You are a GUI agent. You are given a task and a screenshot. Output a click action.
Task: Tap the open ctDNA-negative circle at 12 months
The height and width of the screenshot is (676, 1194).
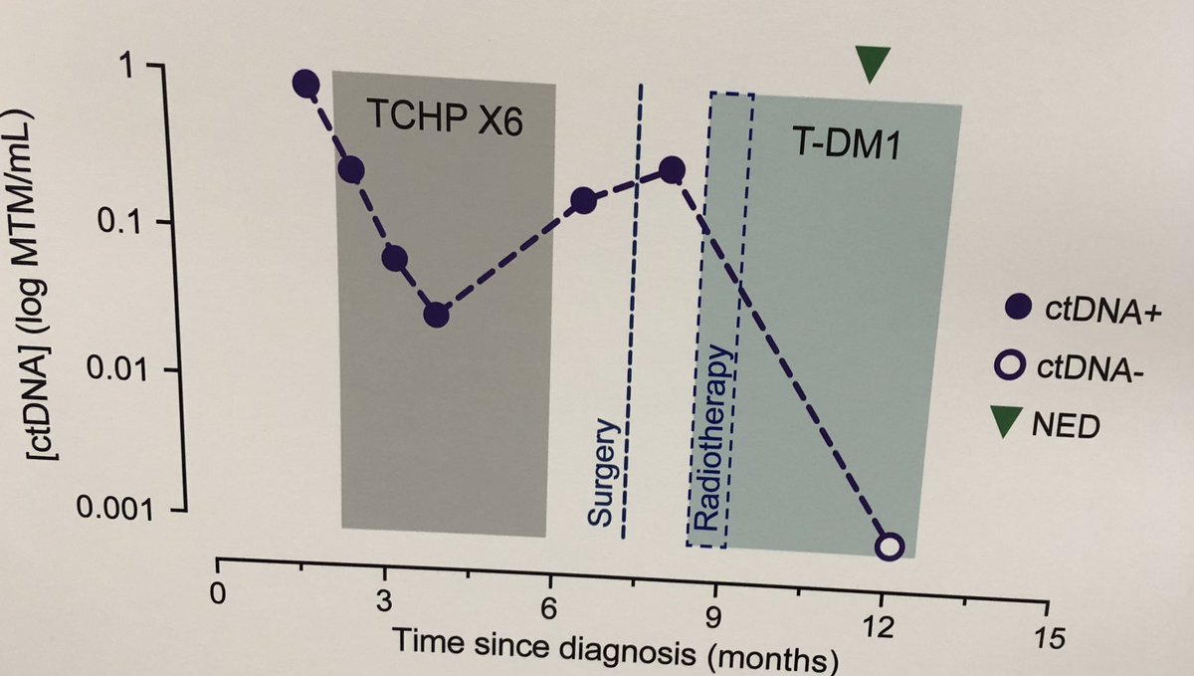tap(891, 546)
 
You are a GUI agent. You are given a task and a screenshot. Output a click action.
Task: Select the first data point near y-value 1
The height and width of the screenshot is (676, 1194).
tap(306, 85)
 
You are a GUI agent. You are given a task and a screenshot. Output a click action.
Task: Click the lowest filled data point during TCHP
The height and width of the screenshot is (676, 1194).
tap(436, 316)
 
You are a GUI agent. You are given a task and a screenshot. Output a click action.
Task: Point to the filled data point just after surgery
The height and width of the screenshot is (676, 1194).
tap(672, 170)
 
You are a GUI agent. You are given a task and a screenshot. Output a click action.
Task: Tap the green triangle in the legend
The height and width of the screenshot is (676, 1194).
tap(1012, 426)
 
